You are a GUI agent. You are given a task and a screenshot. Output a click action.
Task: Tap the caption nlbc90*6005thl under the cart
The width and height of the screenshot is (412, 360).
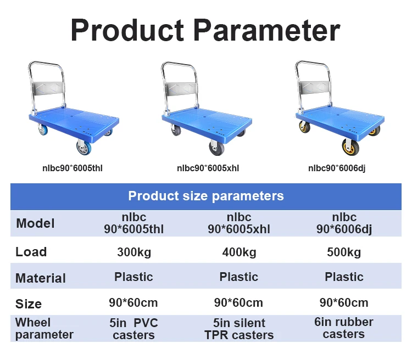pyautogui.click(x=73, y=168)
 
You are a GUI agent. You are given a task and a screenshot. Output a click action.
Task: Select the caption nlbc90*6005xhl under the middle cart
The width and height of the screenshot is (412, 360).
pyautogui.click(x=208, y=168)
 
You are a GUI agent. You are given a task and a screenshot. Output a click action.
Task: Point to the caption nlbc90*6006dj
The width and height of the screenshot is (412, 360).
pyautogui.click(x=336, y=168)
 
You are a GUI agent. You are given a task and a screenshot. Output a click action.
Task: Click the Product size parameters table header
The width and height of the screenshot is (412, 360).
pyautogui.click(x=206, y=196)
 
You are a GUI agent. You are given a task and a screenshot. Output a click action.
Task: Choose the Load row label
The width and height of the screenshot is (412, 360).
pyautogui.click(x=31, y=252)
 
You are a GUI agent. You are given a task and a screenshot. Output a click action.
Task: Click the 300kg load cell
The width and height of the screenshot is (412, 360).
pyautogui.click(x=133, y=252)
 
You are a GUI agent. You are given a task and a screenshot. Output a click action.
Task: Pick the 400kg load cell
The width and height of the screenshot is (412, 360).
pyautogui.click(x=238, y=252)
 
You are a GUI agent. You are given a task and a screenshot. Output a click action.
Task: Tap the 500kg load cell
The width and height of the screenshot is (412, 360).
pyautogui.click(x=344, y=252)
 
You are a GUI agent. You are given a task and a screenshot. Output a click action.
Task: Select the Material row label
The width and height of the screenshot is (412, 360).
pyautogui.click(x=41, y=278)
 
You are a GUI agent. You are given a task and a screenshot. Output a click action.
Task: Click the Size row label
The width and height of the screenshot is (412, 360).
pyautogui.click(x=29, y=303)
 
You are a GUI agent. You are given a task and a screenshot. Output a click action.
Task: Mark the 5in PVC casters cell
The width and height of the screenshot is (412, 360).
pyautogui.click(x=133, y=329)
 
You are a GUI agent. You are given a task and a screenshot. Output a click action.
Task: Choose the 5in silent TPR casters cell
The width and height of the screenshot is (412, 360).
pyautogui.click(x=238, y=329)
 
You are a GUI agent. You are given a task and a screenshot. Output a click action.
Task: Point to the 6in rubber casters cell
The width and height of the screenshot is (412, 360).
pyautogui.click(x=344, y=328)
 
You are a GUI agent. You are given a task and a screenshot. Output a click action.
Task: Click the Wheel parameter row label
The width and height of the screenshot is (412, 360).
pyautogui.click(x=44, y=328)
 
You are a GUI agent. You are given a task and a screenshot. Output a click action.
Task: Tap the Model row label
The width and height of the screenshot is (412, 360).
pyautogui.click(x=35, y=223)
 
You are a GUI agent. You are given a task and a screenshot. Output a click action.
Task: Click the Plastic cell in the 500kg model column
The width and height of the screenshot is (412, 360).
pyautogui.click(x=344, y=277)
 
